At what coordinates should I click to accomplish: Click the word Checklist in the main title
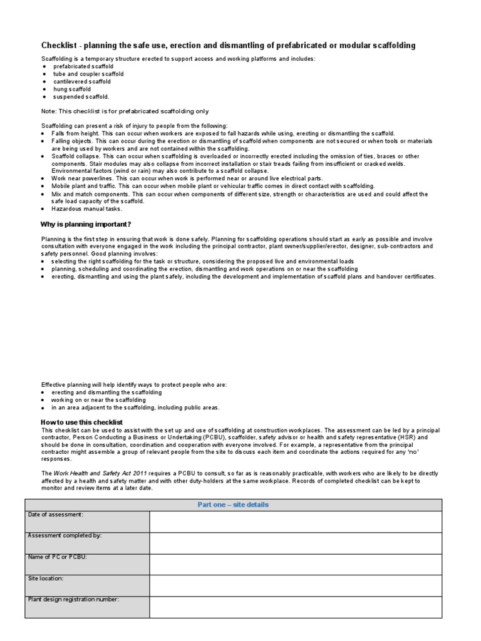tap(60, 46)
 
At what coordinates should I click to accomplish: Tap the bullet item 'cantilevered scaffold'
tap(82, 81)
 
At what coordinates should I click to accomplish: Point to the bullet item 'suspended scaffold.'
tap(81, 97)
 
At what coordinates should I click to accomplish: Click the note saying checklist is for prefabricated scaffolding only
tap(125, 111)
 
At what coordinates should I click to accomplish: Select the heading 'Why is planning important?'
tap(86, 224)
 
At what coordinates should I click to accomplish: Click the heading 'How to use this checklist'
tap(82, 423)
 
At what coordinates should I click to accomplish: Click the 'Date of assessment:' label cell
tap(56, 515)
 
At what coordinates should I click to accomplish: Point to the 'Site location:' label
tap(46, 578)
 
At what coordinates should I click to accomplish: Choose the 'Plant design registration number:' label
tap(73, 599)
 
